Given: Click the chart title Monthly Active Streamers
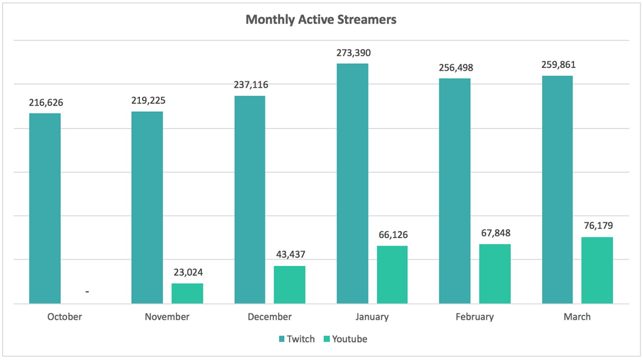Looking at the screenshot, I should pos(321,20).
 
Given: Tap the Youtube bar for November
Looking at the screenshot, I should pos(187,293).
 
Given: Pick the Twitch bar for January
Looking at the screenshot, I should pos(352,183).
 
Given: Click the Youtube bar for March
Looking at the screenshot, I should pos(597,270).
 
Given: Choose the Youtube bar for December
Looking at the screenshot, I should pos(290,285).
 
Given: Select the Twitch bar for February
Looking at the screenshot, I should pos(454,191).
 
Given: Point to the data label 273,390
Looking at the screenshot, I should pos(353,53).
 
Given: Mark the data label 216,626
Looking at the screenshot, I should pos(46,102).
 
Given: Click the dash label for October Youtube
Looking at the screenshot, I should pos(87,292).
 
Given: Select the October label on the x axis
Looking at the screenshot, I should pos(64,317).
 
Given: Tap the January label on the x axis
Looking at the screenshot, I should pos(372,317).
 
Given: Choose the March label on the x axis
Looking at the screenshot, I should pos(577,317).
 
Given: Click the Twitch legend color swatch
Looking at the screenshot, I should pos(281,339).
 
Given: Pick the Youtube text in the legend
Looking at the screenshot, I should pos(350,339).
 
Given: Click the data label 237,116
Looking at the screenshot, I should pos(251,85).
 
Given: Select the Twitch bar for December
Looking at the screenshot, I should pos(250,199).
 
